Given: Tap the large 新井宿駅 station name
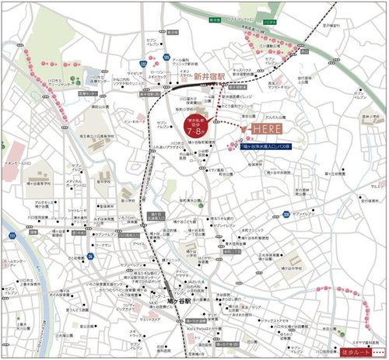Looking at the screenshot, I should coord(209,76).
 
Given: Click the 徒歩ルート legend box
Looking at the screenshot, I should coord(359,351).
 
